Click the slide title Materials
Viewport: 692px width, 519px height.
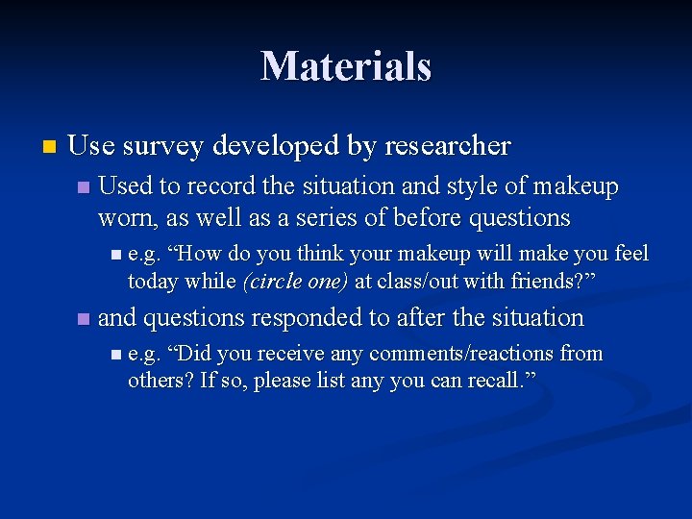tap(346, 66)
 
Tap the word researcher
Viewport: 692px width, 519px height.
tap(447, 146)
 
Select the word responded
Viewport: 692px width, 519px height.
tap(317, 317)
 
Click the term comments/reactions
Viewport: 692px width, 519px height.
tap(462, 354)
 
